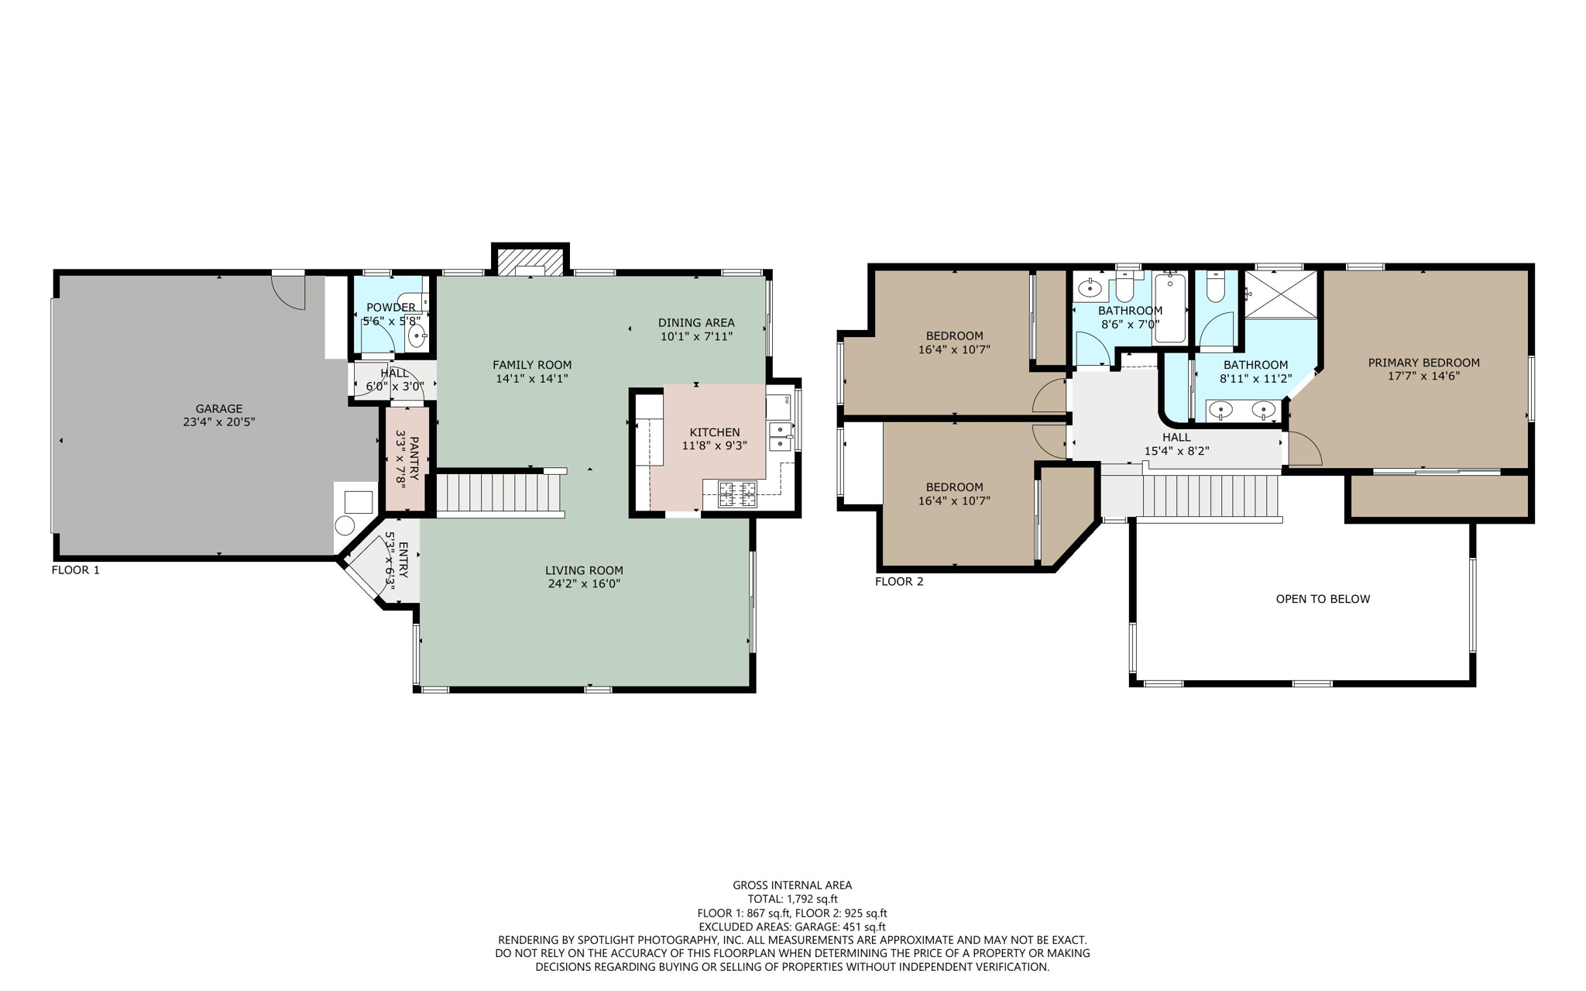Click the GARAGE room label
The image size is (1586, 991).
[218, 408]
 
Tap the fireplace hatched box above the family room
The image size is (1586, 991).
[530, 262]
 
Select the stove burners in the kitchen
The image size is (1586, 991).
[737, 494]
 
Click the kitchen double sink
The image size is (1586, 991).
[780, 437]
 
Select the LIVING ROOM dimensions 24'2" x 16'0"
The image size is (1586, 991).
[584, 584]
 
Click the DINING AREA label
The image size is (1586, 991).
[696, 322]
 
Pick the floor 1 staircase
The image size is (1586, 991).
[499, 493]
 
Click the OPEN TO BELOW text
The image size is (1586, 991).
[1323, 599]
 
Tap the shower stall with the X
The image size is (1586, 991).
[1281, 294]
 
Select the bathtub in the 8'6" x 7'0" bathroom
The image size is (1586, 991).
[1169, 308]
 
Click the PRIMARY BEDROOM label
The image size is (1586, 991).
[1423, 363]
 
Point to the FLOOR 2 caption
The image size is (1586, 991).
[899, 582]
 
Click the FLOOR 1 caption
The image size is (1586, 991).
[76, 570]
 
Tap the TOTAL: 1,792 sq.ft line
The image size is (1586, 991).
[792, 899]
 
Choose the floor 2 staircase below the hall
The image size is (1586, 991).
[1208, 496]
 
